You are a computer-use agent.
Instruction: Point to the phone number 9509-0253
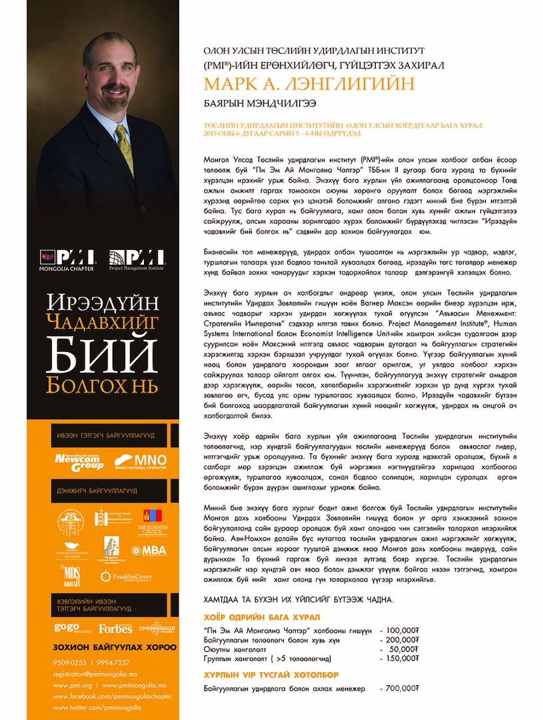(x=69, y=662)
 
